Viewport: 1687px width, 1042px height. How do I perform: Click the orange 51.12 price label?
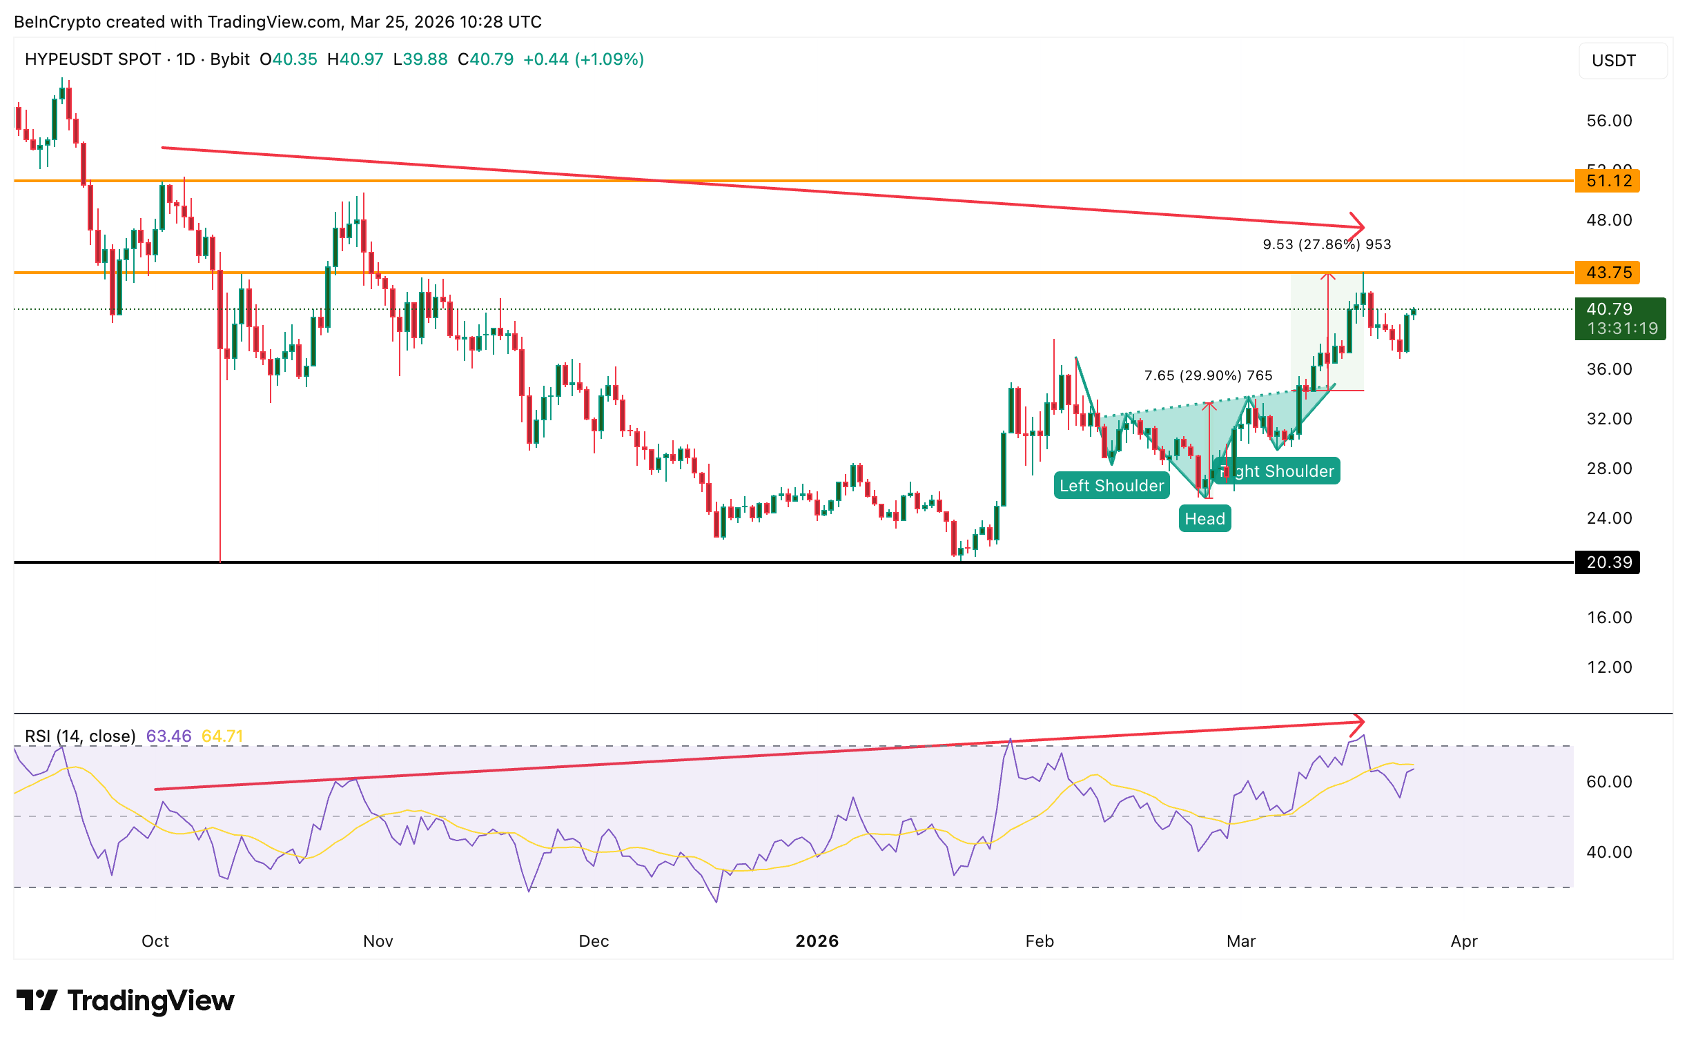pyautogui.click(x=1608, y=181)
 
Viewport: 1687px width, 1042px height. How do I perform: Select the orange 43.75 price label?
pyautogui.click(x=1608, y=273)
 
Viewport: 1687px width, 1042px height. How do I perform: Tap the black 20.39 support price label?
pyautogui.click(x=1608, y=562)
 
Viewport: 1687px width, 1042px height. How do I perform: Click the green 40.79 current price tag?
pyautogui.click(x=1619, y=318)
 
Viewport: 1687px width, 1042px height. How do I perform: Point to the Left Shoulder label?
pyautogui.click(x=1111, y=486)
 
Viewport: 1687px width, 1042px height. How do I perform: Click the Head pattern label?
pyautogui.click(x=1205, y=519)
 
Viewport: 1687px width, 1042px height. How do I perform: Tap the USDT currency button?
pyautogui.click(x=1614, y=61)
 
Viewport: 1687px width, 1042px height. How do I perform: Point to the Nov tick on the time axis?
pyautogui.click(x=378, y=941)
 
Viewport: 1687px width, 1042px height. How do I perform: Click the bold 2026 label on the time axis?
pyautogui.click(x=817, y=941)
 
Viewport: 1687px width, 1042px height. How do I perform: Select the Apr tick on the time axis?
pyautogui.click(x=1464, y=941)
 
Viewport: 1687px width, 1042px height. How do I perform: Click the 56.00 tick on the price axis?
pyautogui.click(x=1609, y=121)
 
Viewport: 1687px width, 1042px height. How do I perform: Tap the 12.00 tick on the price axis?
pyautogui.click(x=1609, y=667)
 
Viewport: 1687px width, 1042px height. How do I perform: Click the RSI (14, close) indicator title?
pyautogui.click(x=80, y=736)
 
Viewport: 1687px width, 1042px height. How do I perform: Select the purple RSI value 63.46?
pyautogui.click(x=168, y=736)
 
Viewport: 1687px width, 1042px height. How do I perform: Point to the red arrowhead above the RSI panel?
pyautogui.click(x=1358, y=722)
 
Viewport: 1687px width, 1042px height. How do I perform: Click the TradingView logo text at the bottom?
pyautogui.click(x=150, y=1001)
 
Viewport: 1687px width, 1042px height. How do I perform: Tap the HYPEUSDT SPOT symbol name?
pyautogui.click(x=92, y=59)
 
